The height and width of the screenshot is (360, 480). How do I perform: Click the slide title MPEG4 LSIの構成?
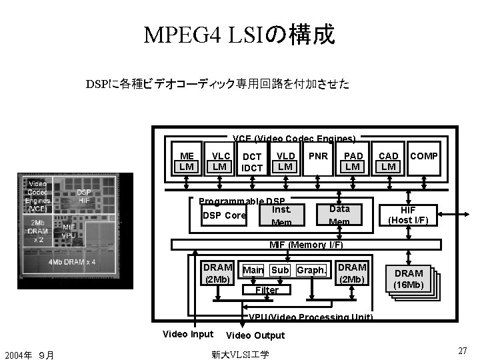pos(239,34)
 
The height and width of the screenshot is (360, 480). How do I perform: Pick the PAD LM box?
pos(353,161)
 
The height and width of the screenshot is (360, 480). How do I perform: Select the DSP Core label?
pos(224,215)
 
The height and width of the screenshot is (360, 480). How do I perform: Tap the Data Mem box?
pos(339,214)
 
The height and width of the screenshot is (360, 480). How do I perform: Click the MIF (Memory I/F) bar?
pos(306,245)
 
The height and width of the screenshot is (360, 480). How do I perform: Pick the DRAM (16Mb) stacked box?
pos(409,279)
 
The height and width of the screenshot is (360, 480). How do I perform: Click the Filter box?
pos(267,290)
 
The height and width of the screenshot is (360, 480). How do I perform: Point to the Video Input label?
pos(188,334)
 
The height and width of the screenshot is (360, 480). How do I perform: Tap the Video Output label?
pos(255,335)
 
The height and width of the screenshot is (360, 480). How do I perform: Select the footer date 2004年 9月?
pos(28,354)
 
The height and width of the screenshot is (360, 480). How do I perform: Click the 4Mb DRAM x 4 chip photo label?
pos(72,261)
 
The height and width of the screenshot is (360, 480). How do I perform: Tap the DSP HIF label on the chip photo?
pos(84,195)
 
